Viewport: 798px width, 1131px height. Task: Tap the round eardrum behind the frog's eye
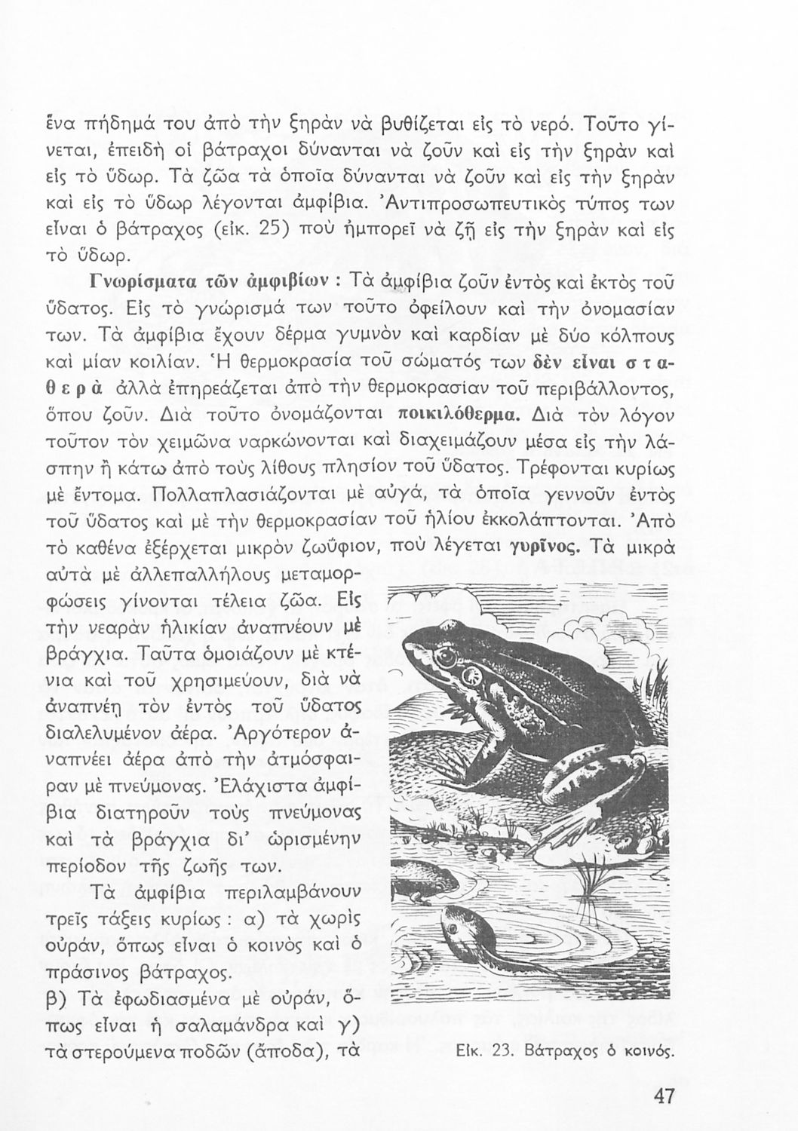click(474, 673)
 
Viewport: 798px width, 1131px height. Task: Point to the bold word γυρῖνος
click(546, 546)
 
